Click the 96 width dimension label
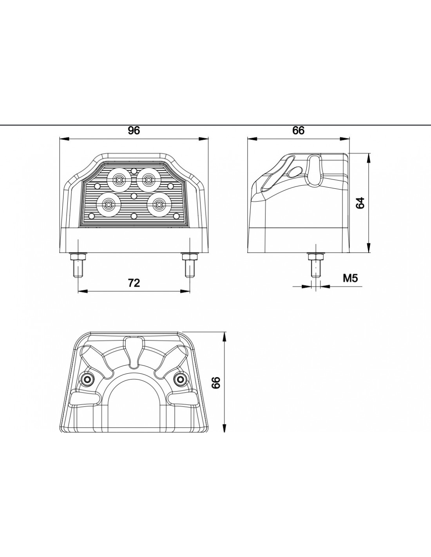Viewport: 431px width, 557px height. (x=134, y=131)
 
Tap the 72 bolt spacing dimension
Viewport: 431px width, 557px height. (x=134, y=283)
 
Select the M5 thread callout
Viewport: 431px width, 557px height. (x=350, y=278)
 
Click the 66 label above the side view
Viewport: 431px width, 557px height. (x=299, y=131)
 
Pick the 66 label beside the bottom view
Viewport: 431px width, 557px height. (x=217, y=383)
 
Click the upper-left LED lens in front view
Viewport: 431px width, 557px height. (x=119, y=180)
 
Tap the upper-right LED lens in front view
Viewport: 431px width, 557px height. (x=148, y=180)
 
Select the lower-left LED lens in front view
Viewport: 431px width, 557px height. (x=109, y=204)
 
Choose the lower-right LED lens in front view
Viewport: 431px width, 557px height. (x=159, y=204)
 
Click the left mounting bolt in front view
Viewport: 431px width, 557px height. (x=78, y=265)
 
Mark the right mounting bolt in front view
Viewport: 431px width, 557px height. (x=190, y=265)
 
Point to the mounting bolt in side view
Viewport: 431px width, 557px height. (x=316, y=265)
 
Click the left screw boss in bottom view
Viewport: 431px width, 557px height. (x=88, y=378)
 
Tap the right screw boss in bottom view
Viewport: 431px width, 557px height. (x=181, y=378)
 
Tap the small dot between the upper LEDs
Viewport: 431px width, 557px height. (x=134, y=170)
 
